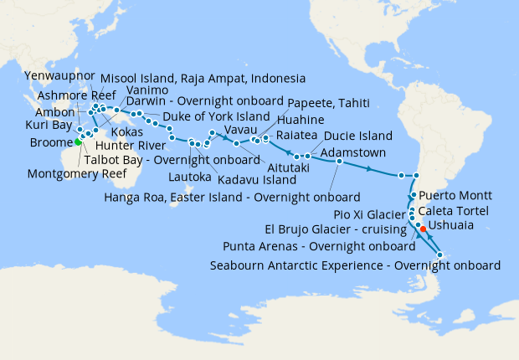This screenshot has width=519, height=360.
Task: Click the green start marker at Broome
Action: tap(79, 141)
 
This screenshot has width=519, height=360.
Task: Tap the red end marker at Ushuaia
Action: tap(423, 229)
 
